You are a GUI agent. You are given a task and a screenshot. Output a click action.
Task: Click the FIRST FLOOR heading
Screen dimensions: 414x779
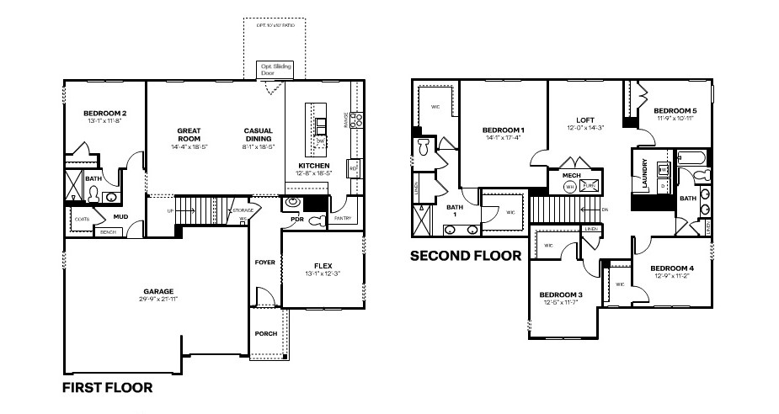pyautogui.click(x=108, y=388)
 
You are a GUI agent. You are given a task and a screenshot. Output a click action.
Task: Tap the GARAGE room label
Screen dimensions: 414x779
pyautogui.click(x=158, y=292)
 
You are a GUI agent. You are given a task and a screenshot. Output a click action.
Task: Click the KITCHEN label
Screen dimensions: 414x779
pyautogui.click(x=313, y=166)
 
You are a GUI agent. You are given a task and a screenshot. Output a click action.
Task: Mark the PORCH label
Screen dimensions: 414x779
pyautogui.click(x=265, y=334)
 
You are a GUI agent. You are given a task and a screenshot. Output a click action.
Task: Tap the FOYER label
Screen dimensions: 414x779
pyautogui.click(x=265, y=263)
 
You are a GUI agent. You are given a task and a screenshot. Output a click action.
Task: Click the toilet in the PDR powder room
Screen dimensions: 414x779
pyautogui.click(x=315, y=220)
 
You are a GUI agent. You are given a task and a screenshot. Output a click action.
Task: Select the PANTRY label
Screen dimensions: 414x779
pyautogui.click(x=343, y=219)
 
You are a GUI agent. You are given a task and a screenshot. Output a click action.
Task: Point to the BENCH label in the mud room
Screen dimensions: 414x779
pyautogui.click(x=107, y=232)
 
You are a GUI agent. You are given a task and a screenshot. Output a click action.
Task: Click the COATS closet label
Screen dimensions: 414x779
pyautogui.click(x=82, y=219)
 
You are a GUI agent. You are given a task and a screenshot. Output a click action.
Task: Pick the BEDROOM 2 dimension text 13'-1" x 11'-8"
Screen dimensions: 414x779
pyautogui.click(x=104, y=121)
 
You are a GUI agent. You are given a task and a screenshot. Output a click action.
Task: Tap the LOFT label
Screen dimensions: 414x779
pyautogui.click(x=585, y=120)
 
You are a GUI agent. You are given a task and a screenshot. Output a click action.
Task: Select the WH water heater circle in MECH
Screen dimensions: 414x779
pyautogui.click(x=569, y=187)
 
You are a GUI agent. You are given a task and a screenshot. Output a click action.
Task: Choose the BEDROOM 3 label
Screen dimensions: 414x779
pyautogui.click(x=561, y=295)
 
